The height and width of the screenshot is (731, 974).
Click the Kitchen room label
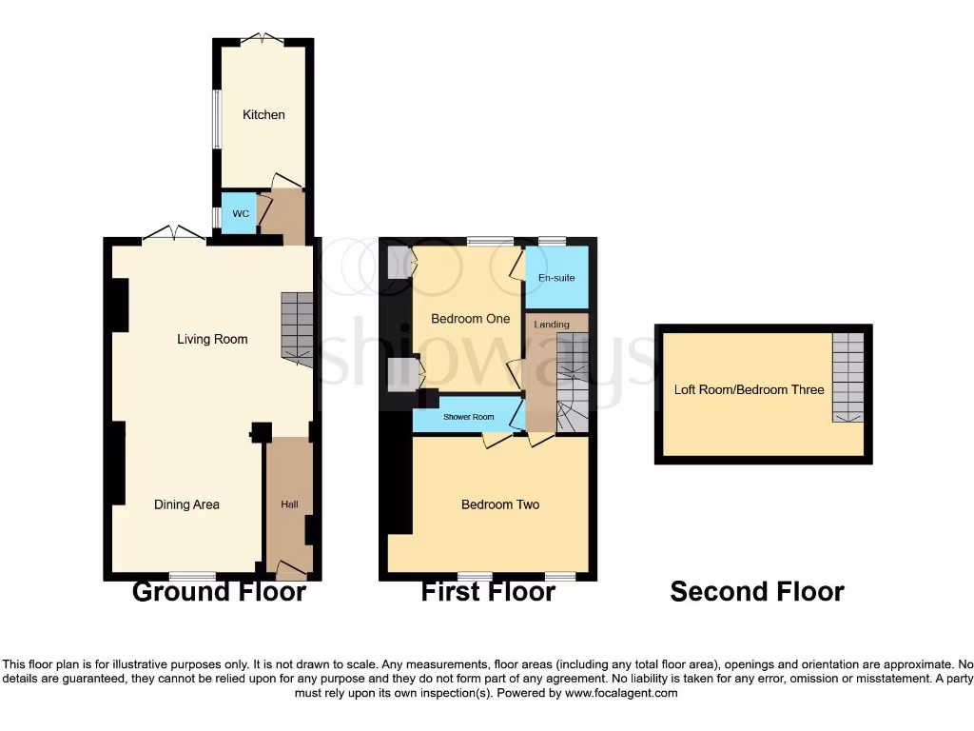click(263, 115)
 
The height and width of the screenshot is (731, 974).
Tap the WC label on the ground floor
click(241, 214)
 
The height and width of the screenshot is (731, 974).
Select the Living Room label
click(212, 339)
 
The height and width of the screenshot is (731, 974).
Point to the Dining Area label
click(186, 504)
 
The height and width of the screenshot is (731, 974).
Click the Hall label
click(289, 504)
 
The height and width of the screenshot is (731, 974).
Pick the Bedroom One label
click(470, 319)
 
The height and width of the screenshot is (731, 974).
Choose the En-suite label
click(556, 277)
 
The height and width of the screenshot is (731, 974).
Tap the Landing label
click(552, 325)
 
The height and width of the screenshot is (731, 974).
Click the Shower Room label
click(469, 417)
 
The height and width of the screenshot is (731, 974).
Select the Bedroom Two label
click(500, 504)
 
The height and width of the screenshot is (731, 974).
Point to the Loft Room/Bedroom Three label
click(749, 389)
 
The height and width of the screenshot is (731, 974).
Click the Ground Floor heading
click(219, 591)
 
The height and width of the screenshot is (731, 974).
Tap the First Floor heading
click(488, 591)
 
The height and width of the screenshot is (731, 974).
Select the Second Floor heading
click(757, 591)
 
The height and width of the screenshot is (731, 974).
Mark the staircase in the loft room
click(847, 378)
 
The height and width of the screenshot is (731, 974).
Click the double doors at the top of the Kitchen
click(262, 39)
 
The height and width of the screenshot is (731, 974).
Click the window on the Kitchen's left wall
click(216, 119)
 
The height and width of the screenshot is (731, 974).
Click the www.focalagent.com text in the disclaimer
click(623, 694)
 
